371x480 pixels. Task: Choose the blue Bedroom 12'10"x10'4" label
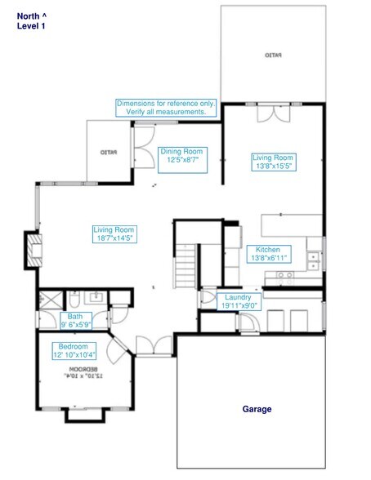75,350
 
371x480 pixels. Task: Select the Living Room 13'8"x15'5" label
272,161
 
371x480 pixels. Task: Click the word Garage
257,409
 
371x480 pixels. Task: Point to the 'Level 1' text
31,26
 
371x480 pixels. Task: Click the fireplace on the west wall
34,250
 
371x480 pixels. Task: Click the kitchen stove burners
284,276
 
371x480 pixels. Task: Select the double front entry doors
154,345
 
